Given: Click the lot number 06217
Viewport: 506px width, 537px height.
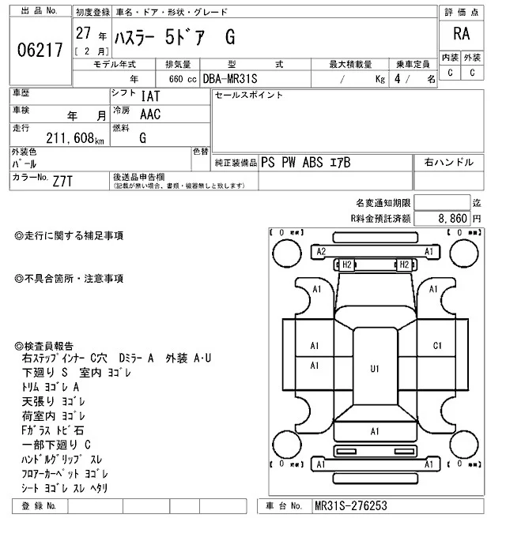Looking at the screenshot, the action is [x=40, y=51].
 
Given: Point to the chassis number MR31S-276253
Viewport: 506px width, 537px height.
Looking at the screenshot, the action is [x=350, y=505].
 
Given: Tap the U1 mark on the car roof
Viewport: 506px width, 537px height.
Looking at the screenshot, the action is [x=375, y=369].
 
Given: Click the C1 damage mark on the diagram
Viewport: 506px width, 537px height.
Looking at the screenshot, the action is [x=437, y=345].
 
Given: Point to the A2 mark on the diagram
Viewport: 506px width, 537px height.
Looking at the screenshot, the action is [x=321, y=251].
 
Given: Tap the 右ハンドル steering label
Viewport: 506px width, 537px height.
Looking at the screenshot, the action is [x=449, y=162].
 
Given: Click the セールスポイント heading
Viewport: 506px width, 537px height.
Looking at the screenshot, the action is [x=249, y=96].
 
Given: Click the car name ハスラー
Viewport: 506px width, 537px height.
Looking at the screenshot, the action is [x=135, y=38].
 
